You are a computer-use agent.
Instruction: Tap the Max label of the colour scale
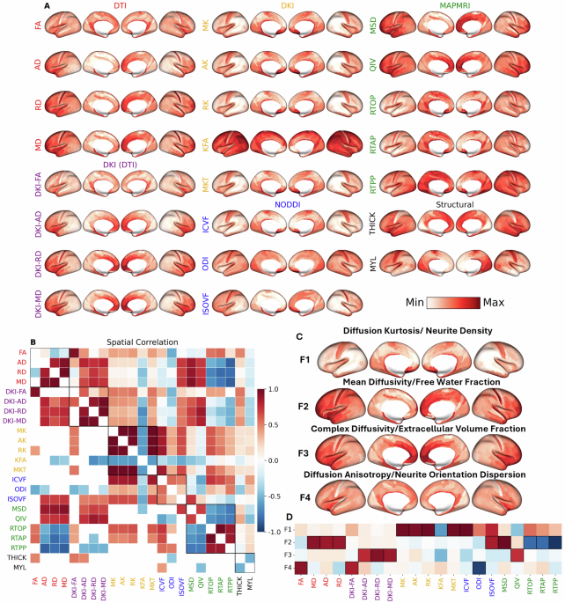(x=494, y=302)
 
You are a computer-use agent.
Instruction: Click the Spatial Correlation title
(x=142, y=317)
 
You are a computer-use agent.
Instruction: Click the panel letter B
(x=33, y=317)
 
